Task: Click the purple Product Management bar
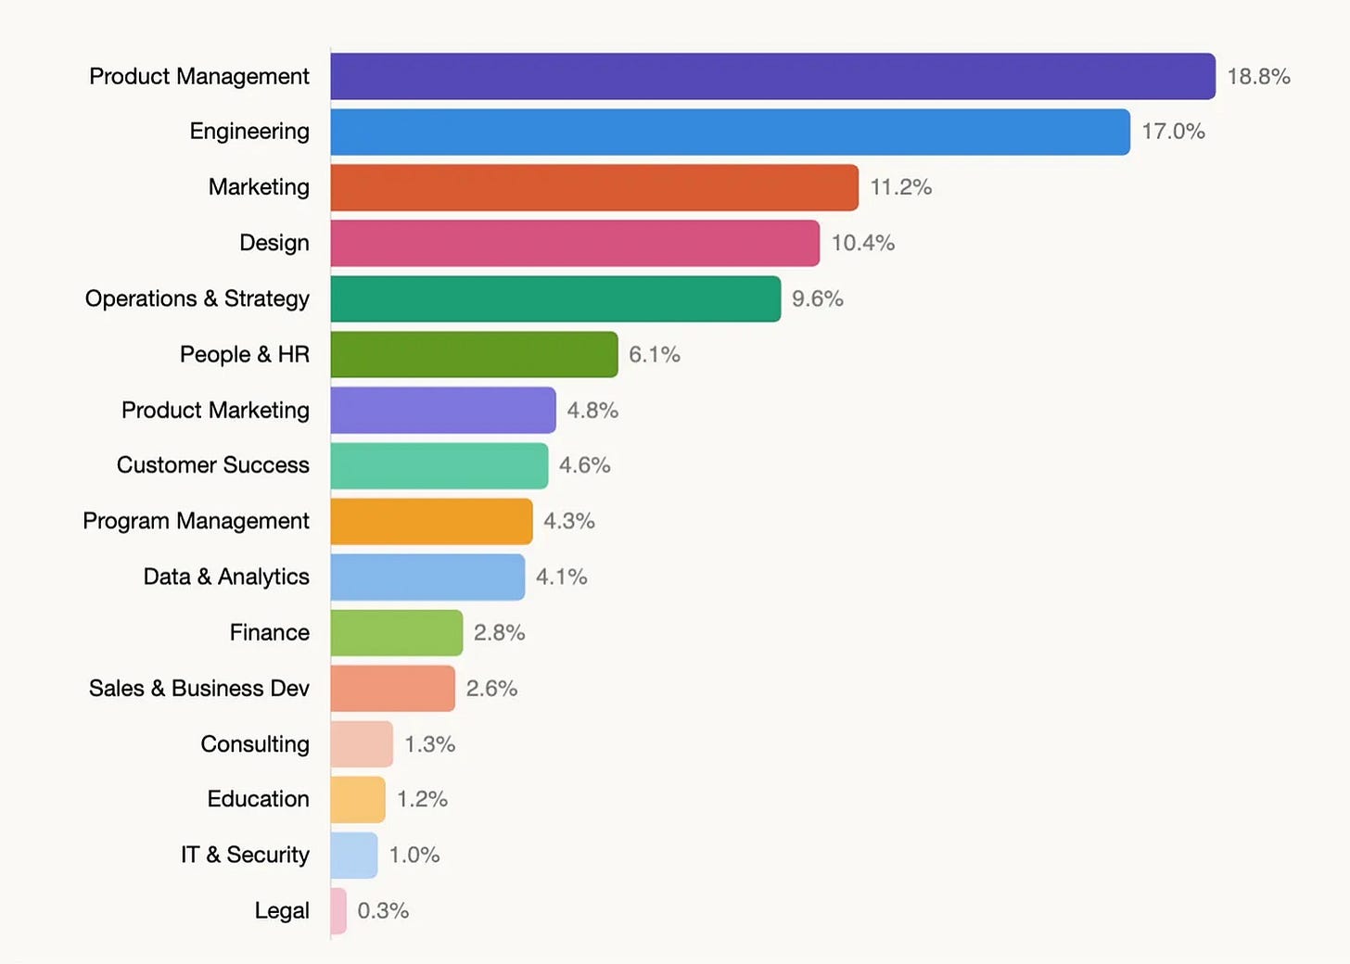772,77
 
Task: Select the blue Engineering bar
730,132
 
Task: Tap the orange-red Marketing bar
594,187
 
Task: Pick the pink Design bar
575,244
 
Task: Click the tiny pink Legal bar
338,911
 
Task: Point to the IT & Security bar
354,856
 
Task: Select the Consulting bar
362,744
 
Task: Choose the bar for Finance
397,632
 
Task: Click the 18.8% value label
1258,77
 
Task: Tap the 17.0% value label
1174,132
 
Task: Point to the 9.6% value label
817,298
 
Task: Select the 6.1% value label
655,354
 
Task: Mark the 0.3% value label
383,910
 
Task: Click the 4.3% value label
569,521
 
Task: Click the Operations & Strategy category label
197,298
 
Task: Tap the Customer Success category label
212,465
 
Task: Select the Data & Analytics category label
226,577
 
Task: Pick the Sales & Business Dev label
198,688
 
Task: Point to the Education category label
258,799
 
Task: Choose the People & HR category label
245,354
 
